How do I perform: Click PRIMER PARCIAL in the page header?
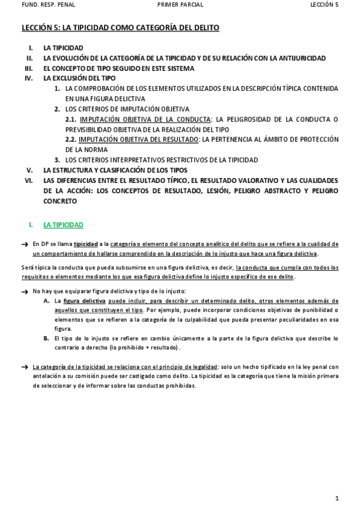click(x=180, y=4)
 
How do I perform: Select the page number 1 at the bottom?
click(x=338, y=498)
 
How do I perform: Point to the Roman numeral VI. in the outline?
click(x=29, y=180)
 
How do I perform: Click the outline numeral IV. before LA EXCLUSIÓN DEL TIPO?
click(x=29, y=78)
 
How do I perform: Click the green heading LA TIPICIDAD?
click(x=63, y=225)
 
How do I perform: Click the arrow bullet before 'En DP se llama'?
click(x=25, y=244)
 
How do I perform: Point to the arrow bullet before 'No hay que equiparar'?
click(x=25, y=291)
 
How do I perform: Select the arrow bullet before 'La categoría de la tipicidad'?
click(x=25, y=366)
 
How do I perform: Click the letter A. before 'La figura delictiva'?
click(x=47, y=300)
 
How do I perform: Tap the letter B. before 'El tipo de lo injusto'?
click(x=46, y=339)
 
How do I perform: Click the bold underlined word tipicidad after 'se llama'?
click(x=86, y=244)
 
